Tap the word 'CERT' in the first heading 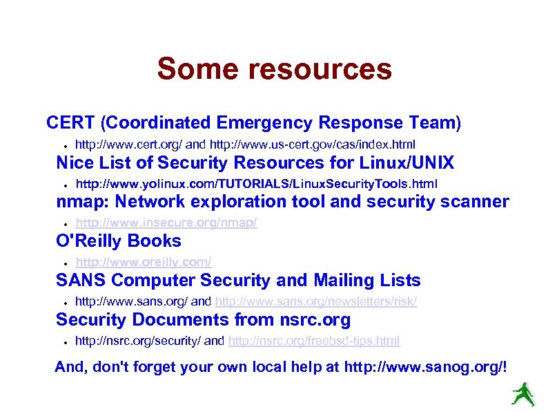[70, 123]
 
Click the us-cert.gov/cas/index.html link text [312, 144]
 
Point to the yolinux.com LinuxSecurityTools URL [256, 183]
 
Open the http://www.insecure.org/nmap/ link [166, 223]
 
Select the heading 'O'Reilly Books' [119, 241]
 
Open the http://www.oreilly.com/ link [143, 262]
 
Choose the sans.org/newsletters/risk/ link [316, 301]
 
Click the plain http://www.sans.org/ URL [131, 301]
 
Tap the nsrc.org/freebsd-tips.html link [313, 341]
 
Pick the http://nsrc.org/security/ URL [138, 341]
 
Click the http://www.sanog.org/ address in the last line [424, 366]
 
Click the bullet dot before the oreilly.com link [63, 263]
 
